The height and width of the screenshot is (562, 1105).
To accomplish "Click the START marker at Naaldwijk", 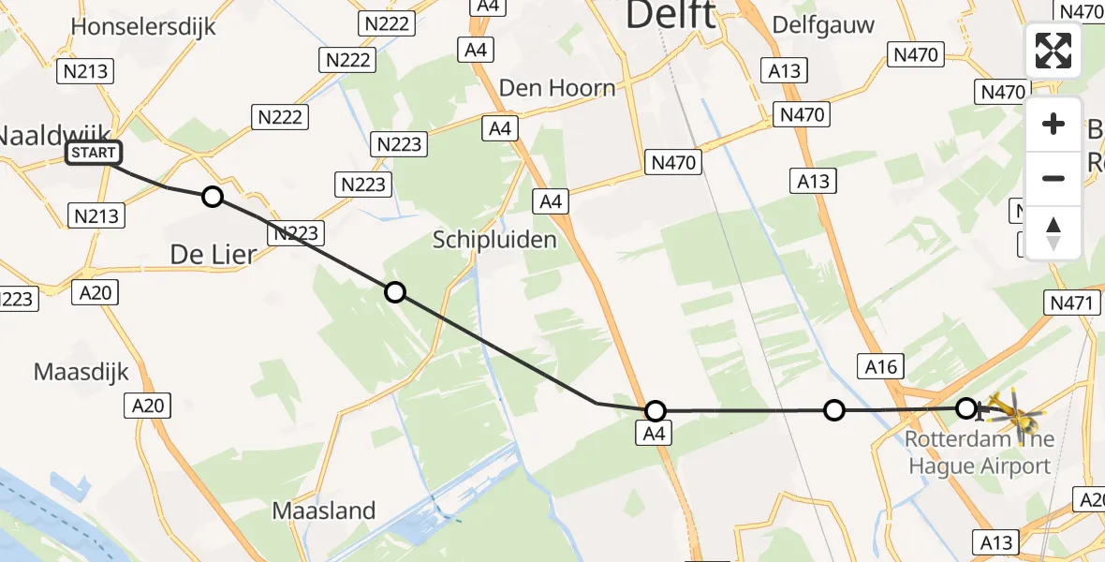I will click(93, 153).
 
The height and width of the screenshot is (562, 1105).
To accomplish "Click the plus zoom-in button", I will click(1053, 124).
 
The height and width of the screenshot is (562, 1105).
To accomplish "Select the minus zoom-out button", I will click(1053, 178).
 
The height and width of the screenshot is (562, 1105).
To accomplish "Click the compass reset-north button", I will click(1053, 232).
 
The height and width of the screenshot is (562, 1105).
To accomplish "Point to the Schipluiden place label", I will click(494, 240).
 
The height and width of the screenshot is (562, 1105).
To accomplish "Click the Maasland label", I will click(324, 510).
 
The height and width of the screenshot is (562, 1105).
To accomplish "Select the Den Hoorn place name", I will click(557, 88).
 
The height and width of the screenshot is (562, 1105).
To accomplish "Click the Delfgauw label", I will click(824, 25).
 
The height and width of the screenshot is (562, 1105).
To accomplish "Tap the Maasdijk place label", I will click(81, 371).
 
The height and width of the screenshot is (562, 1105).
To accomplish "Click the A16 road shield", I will click(881, 367).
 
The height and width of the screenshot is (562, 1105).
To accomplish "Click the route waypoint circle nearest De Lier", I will click(213, 197).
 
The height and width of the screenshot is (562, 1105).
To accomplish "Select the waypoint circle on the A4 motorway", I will click(656, 410).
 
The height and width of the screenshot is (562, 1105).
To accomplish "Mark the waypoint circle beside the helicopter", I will click(965, 408).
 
